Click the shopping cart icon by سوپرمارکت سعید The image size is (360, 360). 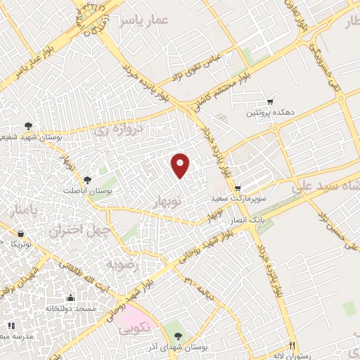tap(238, 188)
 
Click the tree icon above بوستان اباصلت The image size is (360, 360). tap(87, 180)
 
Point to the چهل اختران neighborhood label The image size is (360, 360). tap(79, 230)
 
